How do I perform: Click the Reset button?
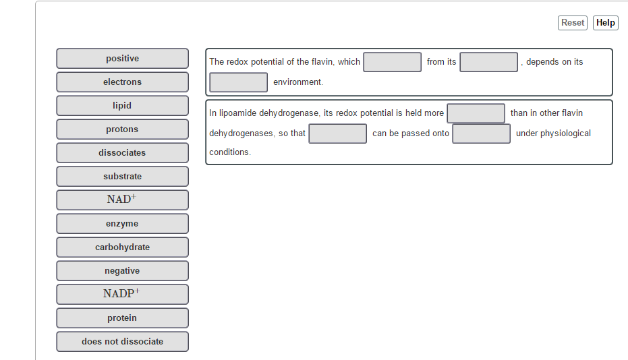tap(572, 23)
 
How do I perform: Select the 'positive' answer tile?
tap(123, 59)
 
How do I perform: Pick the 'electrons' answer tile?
tap(123, 82)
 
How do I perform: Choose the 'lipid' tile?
tap(123, 106)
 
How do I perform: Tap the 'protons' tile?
tap(123, 129)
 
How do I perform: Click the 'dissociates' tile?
tap(123, 153)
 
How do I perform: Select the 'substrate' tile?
tap(123, 177)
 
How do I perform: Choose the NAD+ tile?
tap(123, 200)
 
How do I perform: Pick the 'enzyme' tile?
tap(123, 224)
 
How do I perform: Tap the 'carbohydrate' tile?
tap(123, 247)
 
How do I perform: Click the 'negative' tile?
tap(123, 271)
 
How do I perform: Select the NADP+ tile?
tap(123, 295)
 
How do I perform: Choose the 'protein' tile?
tap(123, 318)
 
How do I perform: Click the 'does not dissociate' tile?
tap(123, 342)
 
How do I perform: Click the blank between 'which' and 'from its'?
tap(393, 63)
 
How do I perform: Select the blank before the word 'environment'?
tap(239, 82)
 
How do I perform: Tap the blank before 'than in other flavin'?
tap(476, 114)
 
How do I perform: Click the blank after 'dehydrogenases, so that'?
tap(338, 133)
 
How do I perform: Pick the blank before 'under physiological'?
tap(482, 133)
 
